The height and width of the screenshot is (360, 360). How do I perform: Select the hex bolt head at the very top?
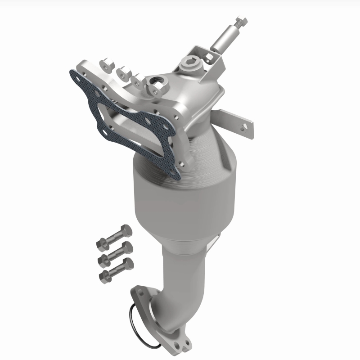point(241,21)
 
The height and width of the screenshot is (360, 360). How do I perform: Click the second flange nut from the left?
point(122,72)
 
